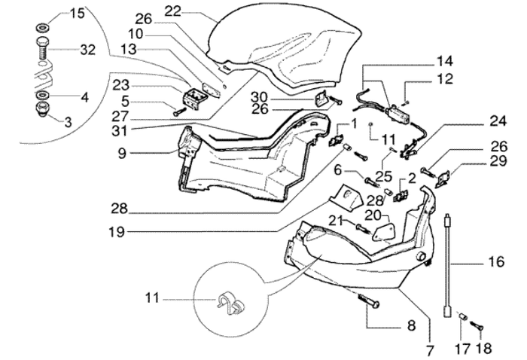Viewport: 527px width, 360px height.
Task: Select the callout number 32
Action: coord(87,51)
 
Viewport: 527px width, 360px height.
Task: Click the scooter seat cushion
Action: coord(286,41)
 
